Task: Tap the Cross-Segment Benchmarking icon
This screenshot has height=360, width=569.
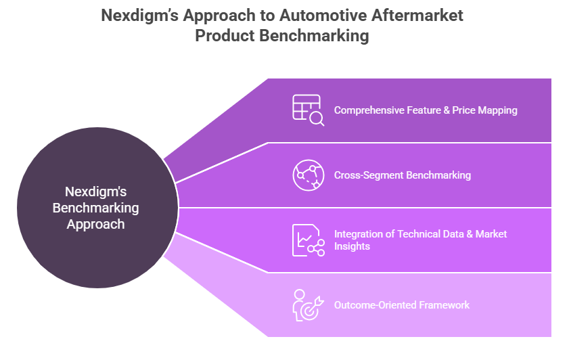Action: click(308, 175)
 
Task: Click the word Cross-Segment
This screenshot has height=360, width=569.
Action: click(368, 175)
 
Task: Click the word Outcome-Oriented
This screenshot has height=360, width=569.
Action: click(375, 305)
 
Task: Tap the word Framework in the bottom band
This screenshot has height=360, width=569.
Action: click(445, 305)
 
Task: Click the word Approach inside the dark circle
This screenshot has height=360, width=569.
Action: click(95, 224)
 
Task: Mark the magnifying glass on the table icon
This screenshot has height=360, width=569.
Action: click(317, 119)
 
